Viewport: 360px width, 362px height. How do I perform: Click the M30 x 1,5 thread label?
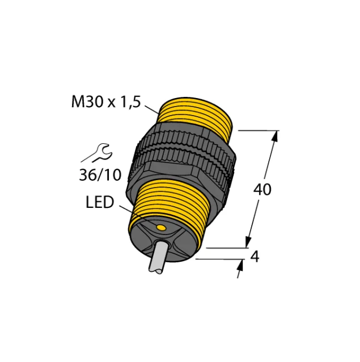click(106, 102)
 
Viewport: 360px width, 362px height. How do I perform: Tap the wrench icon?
click(97, 154)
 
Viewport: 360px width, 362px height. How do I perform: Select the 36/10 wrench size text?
click(100, 174)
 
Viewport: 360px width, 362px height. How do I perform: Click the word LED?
click(100, 202)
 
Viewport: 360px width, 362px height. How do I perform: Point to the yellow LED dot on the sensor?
click(161, 228)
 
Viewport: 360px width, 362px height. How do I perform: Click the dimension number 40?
click(262, 190)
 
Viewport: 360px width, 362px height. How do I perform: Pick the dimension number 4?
click(255, 256)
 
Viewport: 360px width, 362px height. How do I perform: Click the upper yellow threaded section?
click(195, 116)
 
